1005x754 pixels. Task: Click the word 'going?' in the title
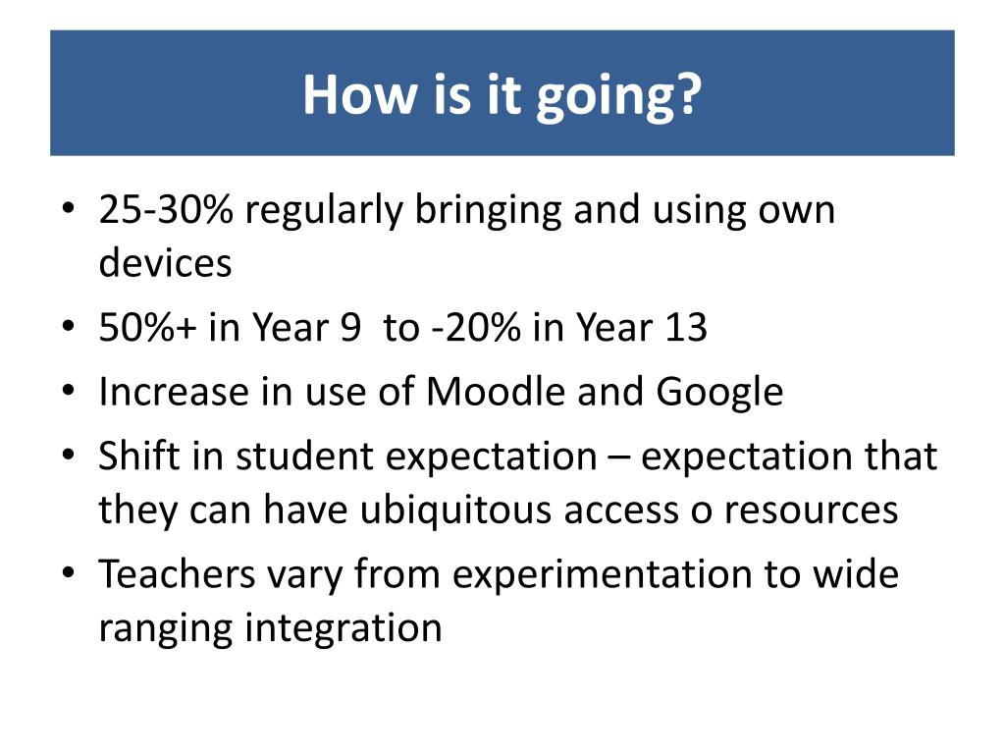(619, 96)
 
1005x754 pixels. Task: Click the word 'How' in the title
(359, 94)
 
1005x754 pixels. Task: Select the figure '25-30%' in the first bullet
(166, 209)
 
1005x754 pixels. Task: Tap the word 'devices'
(165, 262)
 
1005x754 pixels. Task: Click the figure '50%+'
(147, 327)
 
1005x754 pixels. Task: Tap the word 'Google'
(719, 394)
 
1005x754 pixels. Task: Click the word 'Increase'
(174, 391)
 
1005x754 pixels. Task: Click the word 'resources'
(811, 512)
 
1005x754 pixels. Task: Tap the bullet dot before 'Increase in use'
(69, 391)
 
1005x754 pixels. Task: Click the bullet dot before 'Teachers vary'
(69, 572)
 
